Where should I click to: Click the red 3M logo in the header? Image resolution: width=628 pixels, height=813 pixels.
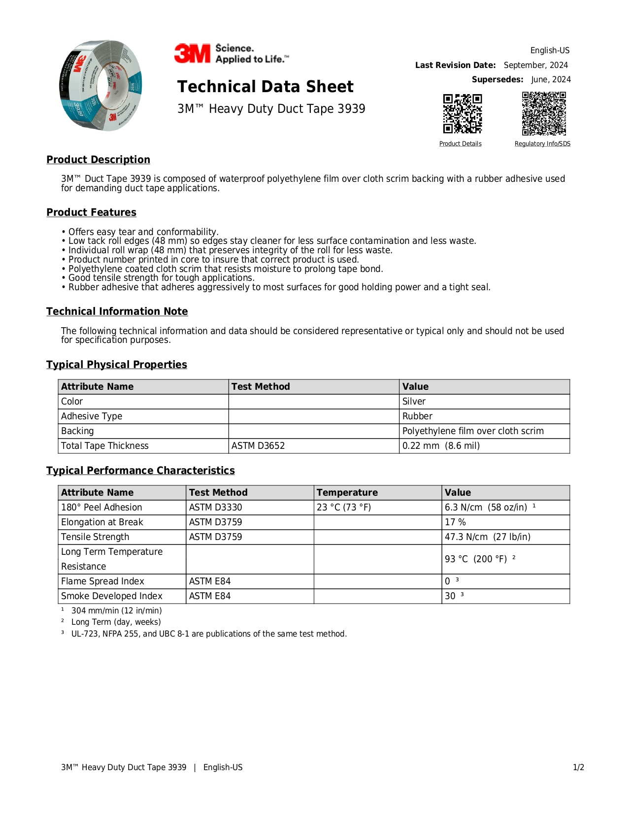(192, 54)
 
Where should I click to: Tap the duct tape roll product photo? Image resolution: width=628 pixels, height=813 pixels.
(101, 86)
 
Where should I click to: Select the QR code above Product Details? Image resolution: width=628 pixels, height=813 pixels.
(462, 114)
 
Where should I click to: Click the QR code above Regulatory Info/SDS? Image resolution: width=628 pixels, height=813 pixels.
(544, 114)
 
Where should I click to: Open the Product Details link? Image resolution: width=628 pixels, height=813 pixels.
(460, 144)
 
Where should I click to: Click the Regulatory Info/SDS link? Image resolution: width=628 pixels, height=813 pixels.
(542, 144)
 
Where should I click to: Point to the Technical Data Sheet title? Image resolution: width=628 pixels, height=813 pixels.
(265, 87)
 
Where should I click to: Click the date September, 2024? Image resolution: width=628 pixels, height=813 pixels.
(535, 65)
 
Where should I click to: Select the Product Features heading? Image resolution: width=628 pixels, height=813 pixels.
(91, 212)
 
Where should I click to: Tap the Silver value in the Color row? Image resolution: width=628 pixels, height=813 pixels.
(414, 402)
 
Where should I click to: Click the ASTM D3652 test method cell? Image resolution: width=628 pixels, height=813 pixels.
(258, 446)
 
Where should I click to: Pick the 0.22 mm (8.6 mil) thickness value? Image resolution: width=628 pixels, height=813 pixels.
(441, 446)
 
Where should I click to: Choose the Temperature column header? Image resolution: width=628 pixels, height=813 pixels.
(347, 493)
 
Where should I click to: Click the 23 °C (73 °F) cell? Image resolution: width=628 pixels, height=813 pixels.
(344, 508)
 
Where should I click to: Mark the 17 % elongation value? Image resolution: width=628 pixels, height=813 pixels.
(455, 522)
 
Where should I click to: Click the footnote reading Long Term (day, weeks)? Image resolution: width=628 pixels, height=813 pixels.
(116, 622)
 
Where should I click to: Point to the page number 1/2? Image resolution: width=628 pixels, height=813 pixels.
(578, 768)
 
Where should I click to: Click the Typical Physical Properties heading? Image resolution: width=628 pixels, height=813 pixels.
(117, 365)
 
